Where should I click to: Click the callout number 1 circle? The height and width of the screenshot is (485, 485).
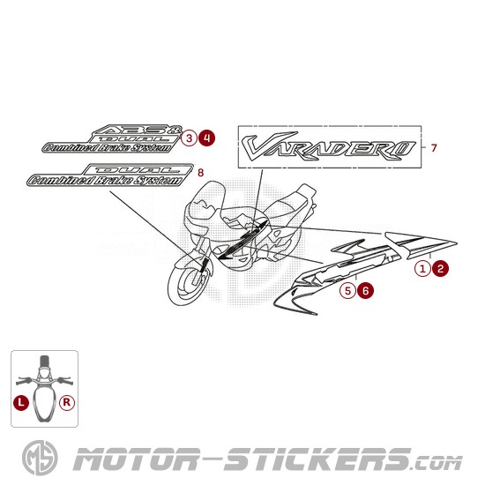click(422, 268)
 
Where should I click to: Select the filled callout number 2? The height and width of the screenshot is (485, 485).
click(440, 268)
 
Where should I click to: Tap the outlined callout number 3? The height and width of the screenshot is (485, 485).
click(189, 138)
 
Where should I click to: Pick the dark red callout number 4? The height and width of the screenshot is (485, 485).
click(207, 138)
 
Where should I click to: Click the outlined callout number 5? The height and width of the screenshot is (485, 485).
click(347, 291)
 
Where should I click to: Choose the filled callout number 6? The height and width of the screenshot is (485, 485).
click(365, 291)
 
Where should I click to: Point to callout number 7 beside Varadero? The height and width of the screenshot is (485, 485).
click(434, 148)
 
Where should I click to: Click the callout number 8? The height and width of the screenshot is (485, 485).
click(200, 173)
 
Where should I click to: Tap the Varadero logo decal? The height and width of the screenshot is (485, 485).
click(328, 146)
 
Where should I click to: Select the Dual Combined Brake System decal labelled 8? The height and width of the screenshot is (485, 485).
click(110, 175)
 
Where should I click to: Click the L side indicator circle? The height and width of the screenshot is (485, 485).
click(21, 402)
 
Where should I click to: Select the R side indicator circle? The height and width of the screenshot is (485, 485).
click(67, 402)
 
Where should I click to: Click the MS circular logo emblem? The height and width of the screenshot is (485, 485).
click(40, 458)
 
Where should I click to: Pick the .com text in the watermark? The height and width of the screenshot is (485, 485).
click(437, 463)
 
